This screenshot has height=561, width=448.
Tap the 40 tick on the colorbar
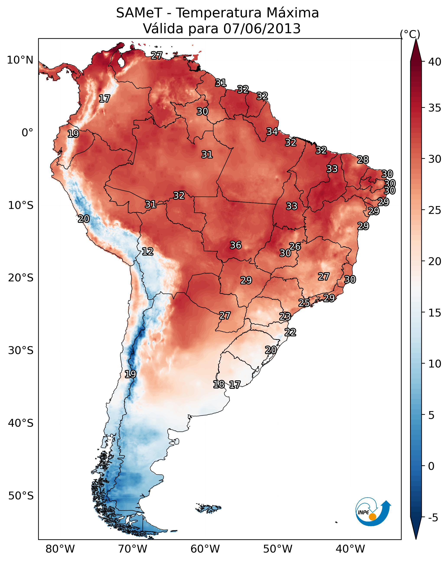pos(423,62)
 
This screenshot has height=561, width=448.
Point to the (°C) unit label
pos(410,34)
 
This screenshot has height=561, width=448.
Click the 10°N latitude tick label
pos(20,60)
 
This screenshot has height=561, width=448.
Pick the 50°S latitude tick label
pos(21,496)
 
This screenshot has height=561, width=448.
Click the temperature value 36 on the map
pos(236,245)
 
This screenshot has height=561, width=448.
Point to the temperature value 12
pos(147,251)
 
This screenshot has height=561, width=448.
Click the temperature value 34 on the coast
pos(272,132)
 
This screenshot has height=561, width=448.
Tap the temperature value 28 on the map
pos(363,159)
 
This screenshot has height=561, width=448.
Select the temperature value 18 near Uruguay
pos(219,384)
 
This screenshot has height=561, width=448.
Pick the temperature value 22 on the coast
pos(290,332)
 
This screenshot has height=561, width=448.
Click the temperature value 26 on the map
pos(295,246)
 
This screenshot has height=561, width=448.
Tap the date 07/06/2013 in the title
pos(262,28)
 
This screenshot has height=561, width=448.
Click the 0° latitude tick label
pos(28,133)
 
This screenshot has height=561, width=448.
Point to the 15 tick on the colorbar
pos(423,313)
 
